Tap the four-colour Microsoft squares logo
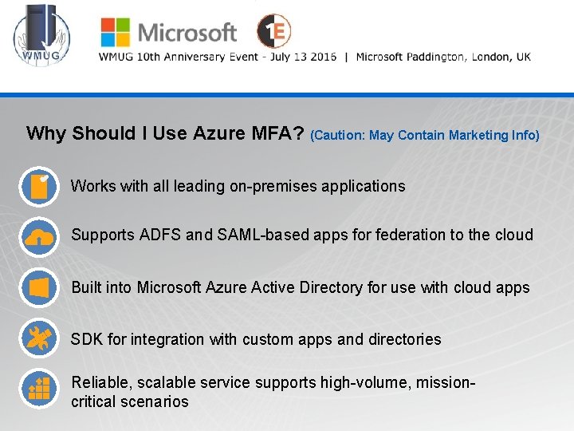(x=115, y=32)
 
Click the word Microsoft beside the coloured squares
(x=187, y=33)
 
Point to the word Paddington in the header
(x=437, y=57)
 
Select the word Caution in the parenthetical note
(x=338, y=136)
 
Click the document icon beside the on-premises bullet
(x=39, y=187)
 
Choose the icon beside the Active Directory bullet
(x=39, y=288)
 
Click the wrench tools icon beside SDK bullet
(x=39, y=339)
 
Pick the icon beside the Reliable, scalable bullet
(x=39, y=389)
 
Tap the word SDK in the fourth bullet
(x=87, y=339)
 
